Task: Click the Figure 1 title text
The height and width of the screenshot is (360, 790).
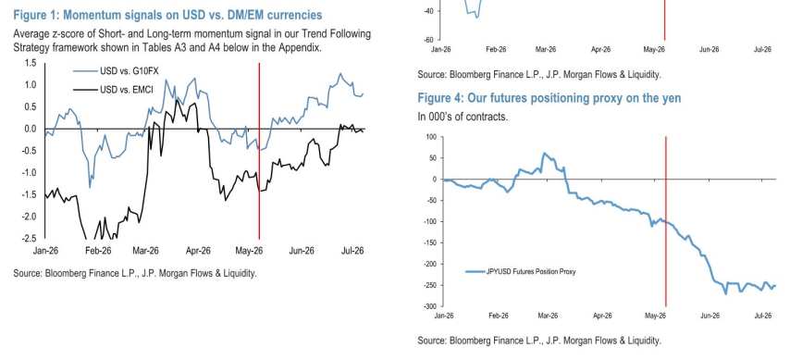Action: pyautogui.click(x=167, y=15)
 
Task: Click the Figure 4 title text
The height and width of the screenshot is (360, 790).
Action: pyautogui.click(x=549, y=98)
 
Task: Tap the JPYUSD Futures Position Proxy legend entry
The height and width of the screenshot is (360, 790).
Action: pyautogui.click(x=521, y=272)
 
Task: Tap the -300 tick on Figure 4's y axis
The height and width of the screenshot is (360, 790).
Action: pyautogui.click(x=430, y=306)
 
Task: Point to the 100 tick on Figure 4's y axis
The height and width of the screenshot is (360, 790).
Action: pyautogui.click(x=431, y=137)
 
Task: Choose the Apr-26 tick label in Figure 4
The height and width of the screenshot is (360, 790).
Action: pyautogui.click(x=602, y=316)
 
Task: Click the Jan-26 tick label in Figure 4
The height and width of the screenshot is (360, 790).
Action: pyautogui.click(x=444, y=316)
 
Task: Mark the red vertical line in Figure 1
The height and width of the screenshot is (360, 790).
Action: pyautogui.click(x=259, y=151)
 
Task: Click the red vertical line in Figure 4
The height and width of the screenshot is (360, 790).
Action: pyautogui.click(x=666, y=221)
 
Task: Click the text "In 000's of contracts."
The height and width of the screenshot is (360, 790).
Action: pyautogui.click(x=463, y=117)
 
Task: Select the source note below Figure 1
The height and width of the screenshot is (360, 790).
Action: pyautogui.click(x=135, y=274)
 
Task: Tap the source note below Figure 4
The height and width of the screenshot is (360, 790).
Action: pyautogui.click(x=539, y=341)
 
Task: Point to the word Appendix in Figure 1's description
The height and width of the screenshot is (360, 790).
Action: pyautogui.click(x=302, y=48)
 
